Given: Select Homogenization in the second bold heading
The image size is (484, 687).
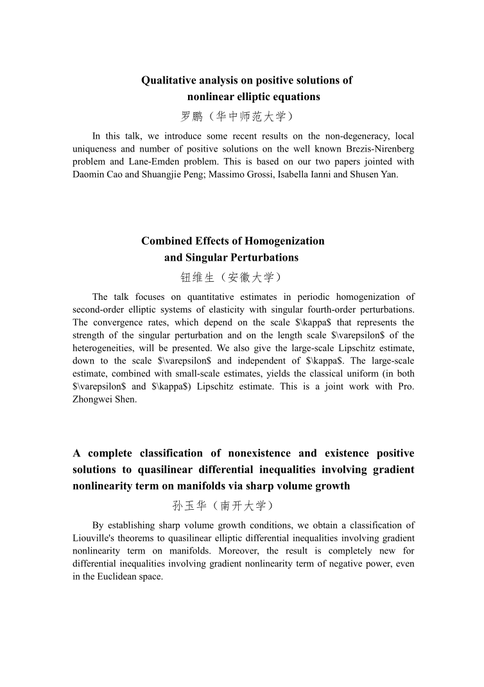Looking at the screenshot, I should (x=286, y=241).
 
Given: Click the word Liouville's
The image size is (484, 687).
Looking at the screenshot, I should (x=95, y=538).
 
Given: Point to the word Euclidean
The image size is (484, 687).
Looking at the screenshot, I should (x=114, y=577).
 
